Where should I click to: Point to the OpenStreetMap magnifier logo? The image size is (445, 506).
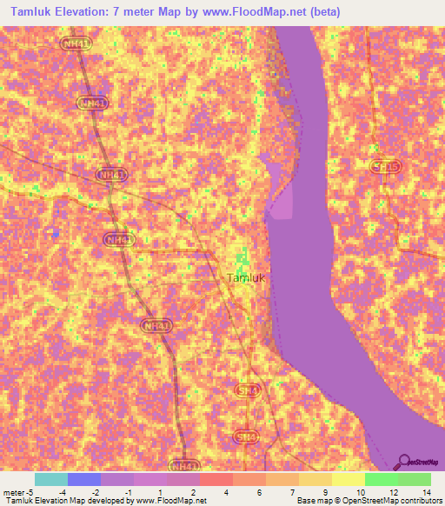click(x=403, y=463)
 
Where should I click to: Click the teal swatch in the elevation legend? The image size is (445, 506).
click(x=51, y=479)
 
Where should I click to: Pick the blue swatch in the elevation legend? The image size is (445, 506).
click(x=84, y=479)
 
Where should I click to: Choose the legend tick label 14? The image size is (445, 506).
click(x=426, y=493)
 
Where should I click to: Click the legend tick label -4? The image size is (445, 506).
click(x=63, y=493)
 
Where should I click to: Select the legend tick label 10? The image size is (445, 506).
click(x=360, y=493)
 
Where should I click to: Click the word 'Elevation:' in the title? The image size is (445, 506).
click(x=82, y=12)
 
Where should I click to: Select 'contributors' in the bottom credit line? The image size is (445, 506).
click(x=420, y=502)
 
